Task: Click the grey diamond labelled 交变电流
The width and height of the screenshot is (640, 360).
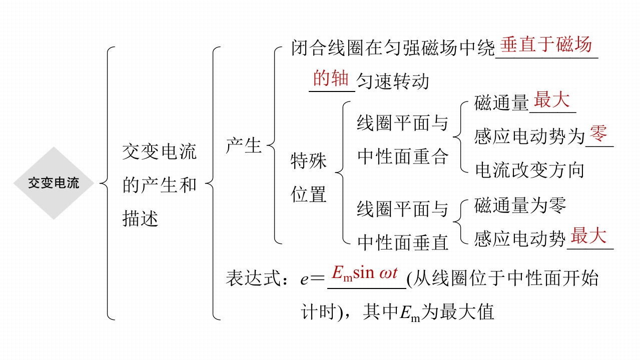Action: pyautogui.click(x=53, y=183)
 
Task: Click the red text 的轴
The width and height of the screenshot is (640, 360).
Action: pyautogui.click(x=331, y=78)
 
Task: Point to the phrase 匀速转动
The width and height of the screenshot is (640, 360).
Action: pyautogui.click(x=393, y=81)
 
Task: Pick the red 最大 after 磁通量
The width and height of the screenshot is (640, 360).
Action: pyautogui.click(x=551, y=100)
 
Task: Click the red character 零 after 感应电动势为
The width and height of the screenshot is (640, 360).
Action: pyautogui.click(x=598, y=134)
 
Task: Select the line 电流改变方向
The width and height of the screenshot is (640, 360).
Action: pyautogui.click(x=529, y=170)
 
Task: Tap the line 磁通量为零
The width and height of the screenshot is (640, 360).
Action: pyautogui.click(x=520, y=205)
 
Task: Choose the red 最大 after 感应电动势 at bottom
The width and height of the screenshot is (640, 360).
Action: pyautogui.click(x=588, y=235)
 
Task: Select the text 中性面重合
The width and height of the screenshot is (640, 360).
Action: pyautogui.click(x=403, y=157)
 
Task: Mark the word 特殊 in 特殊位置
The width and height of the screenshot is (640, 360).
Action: pyautogui.click(x=309, y=161)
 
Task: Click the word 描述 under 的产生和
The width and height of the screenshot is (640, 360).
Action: pyautogui.click(x=141, y=218)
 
